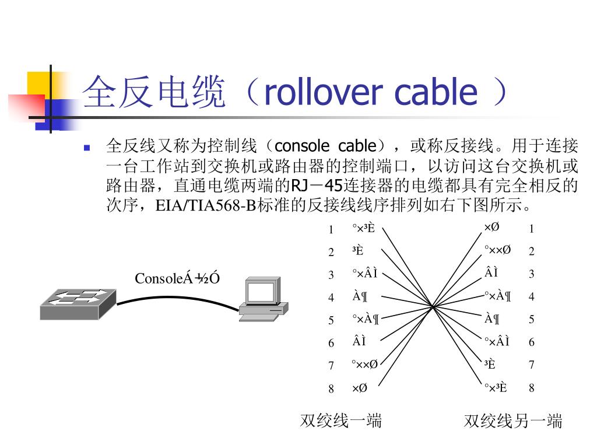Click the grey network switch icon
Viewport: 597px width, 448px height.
pyautogui.click(x=78, y=304)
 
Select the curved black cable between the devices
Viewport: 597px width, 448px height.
pyautogui.click(x=175, y=299)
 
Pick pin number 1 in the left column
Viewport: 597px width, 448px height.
pyautogui.click(x=331, y=229)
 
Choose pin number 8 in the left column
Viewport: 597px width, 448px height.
pyautogui.click(x=331, y=388)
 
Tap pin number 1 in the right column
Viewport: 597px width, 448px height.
pyautogui.click(x=531, y=229)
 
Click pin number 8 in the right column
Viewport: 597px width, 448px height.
pyautogui.click(x=531, y=388)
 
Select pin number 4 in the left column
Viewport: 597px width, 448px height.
pyautogui.click(x=331, y=297)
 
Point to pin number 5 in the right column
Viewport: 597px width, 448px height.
pyautogui.click(x=531, y=320)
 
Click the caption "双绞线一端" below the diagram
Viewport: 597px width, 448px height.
pyautogui.click(x=341, y=421)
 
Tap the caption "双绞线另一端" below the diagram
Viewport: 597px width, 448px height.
pyautogui.click(x=513, y=421)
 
